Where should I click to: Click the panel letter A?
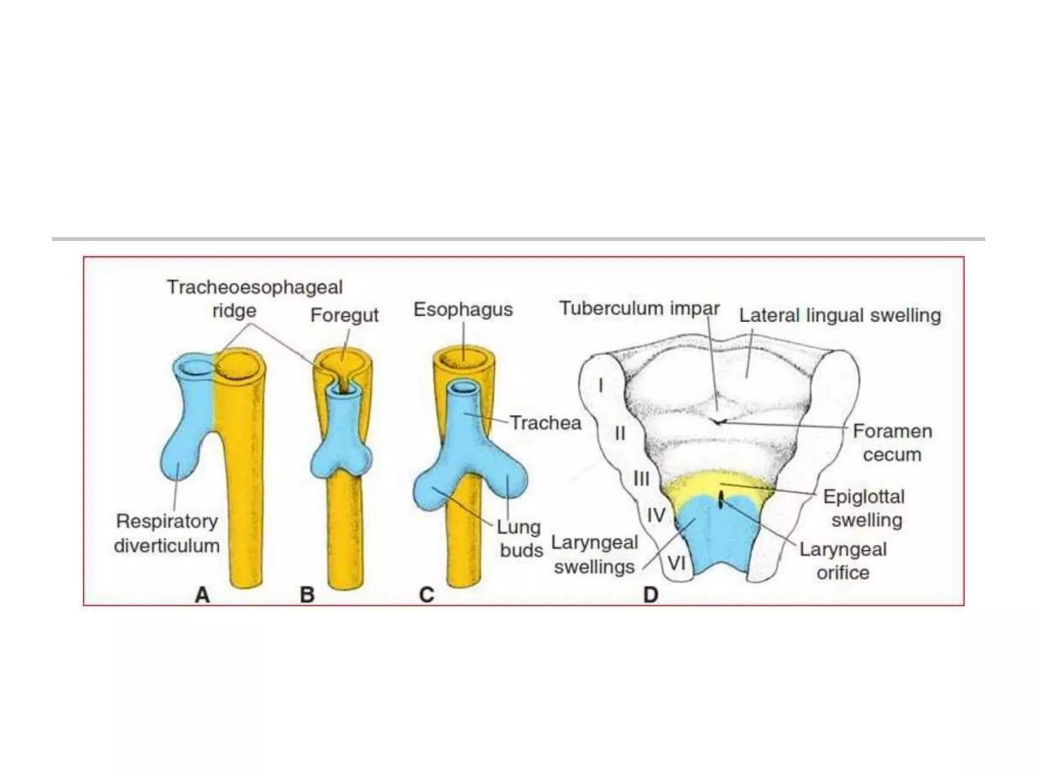(x=203, y=595)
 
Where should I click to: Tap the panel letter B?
(x=307, y=595)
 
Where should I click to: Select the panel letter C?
(x=427, y=595)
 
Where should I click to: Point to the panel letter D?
(x=651, y=595)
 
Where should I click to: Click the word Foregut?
(x=344, y=315)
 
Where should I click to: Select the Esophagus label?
(x=463, y=309)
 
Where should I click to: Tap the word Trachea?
(x=545, y=423)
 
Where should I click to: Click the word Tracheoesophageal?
(x=255, y=287)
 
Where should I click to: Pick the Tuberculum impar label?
(x=639, y=308)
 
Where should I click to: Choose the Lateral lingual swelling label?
(x=840, y=315)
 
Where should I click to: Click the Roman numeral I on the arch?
(x=601, y=385)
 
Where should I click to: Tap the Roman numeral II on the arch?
(x=620, y=434)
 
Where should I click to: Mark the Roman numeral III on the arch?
(x=641, y=479)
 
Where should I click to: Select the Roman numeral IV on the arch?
(x=656, y=515)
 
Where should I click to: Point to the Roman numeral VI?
(x=677, y=563)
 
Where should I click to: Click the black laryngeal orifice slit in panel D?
(x=721, y=500)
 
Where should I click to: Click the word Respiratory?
(x=167, y=521)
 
